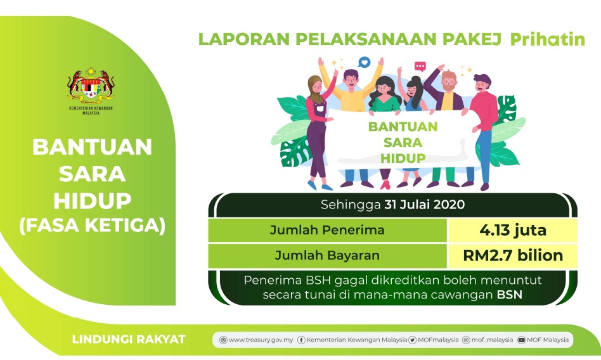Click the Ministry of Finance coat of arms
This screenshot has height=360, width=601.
coord(91,86)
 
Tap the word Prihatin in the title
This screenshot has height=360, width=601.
coord(548,39)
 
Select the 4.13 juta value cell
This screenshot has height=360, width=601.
coord(512,230)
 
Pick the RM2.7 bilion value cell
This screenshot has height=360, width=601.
coord(512,255)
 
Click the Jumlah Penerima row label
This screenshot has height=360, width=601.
coord(327,230)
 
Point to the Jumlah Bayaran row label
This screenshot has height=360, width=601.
coord(327,255)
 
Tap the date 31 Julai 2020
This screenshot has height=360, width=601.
coord(425,204)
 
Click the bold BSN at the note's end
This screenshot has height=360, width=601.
coord(510,295)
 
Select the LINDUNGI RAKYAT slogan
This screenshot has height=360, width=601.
coord(129,339)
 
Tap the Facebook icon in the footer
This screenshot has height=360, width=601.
coord(301,340)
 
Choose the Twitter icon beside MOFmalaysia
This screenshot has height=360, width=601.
coord(413,340)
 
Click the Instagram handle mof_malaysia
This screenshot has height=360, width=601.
coord(492,340)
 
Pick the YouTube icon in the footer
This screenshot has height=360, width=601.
coord(521,340)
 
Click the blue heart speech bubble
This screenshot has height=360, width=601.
coord(364,62)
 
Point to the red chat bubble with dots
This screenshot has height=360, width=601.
coord(420,67)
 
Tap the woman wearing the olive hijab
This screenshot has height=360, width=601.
coord(319,131)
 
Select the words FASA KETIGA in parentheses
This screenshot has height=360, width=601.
coord(93,225)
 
